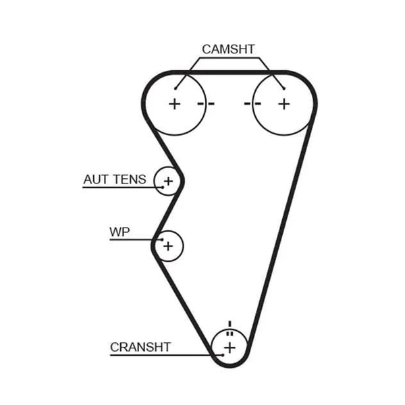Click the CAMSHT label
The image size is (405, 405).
point(228,49)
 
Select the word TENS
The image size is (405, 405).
point(130,180)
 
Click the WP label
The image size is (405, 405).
point(119,232)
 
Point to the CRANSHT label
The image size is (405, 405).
point(140,347)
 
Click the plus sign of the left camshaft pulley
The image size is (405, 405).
point(175,104)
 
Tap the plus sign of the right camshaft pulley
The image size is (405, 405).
point(284,104)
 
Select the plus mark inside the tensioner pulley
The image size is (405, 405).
point(168,181)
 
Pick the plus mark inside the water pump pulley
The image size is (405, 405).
point(168,246)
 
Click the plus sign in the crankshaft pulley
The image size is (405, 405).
point(230,348)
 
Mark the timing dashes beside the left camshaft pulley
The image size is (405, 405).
point(206,104)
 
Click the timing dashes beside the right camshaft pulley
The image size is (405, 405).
point(252,104)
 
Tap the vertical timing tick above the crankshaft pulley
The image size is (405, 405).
point(230,324)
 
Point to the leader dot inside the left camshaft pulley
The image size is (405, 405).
point(175,88)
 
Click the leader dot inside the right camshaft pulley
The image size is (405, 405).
point(284,88)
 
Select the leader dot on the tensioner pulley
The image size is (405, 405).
point(163,187)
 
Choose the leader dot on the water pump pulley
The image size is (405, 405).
point(162,240)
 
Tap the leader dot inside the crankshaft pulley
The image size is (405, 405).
point(223,355)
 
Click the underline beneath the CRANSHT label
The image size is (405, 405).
point(166,356)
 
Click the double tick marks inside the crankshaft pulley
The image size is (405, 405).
point(230,333)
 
